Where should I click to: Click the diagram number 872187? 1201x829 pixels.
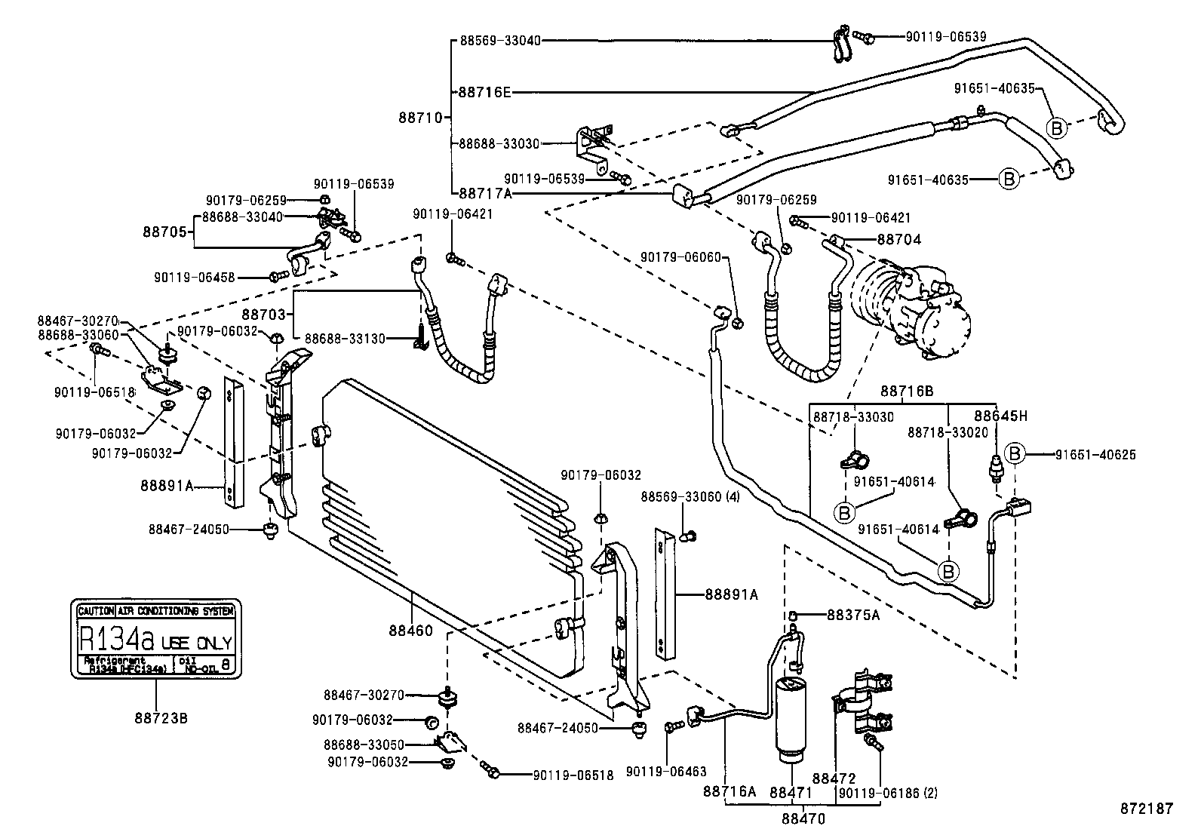[x=1145, y=808]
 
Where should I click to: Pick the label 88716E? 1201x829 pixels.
[x=484, y=92]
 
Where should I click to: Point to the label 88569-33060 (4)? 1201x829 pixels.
[x=690, y=496]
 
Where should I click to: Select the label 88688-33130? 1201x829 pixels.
[x=344, y=339]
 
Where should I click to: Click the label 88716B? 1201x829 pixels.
[x=907, y=391]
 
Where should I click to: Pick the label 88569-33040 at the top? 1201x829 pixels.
[x=500, y=41]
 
